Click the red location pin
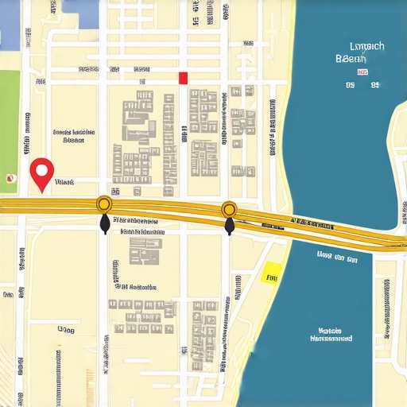pos(41,171)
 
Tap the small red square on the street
pos(183,77)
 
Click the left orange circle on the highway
pos(103,204)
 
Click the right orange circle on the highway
pos(229,209)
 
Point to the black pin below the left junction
pos(104,225)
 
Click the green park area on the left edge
pos(10,127)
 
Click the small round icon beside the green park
pos(10,178)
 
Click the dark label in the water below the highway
pos(336,257)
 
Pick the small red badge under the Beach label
pos(363,72)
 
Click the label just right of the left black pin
pos(135,219)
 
